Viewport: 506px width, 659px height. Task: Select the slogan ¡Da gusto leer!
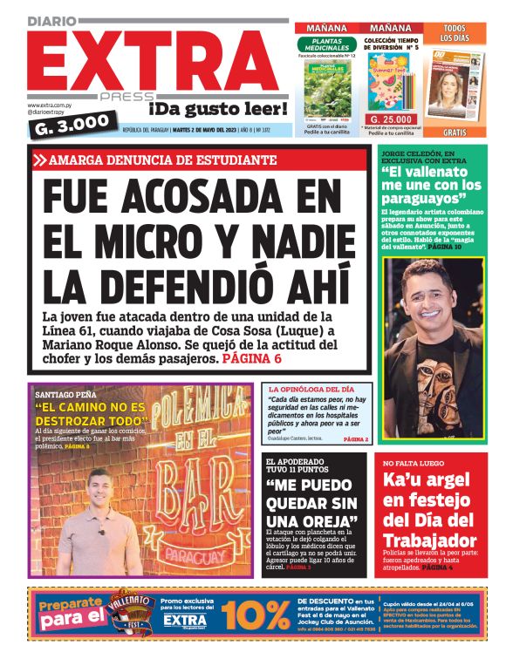click(217, 108)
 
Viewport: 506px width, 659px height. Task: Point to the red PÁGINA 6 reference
click(251, 358)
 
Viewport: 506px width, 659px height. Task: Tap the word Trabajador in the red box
click(429, 540)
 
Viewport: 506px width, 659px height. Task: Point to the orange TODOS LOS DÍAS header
click(453, 33)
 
